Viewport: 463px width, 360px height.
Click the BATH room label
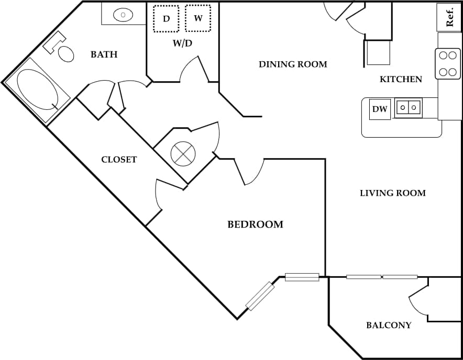(x=104, y=54)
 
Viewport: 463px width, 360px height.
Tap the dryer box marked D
(x=166, y=19)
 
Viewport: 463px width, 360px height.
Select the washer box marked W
(x=198, y=18)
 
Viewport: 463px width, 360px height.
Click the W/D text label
(x=182, y=43)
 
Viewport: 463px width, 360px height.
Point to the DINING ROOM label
(x=293, y=64)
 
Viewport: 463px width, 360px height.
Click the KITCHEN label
(x=401, y=80)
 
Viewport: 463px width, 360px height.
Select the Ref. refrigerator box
(x=449, y=17)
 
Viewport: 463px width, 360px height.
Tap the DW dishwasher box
(x=380, y=109)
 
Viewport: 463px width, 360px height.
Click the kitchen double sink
(x=408, y=108)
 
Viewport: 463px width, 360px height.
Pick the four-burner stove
(x=447, y=63)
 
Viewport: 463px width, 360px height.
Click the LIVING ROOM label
(x=392, y=193)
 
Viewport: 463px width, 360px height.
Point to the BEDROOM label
(x=255, y=224)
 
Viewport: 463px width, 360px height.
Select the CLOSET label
(x=119, y=160)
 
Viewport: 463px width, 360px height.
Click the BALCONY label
(x=388, y=325)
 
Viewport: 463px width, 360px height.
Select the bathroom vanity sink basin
(x=123, y=15)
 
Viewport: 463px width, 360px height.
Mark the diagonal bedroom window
(x=260, y=296)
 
